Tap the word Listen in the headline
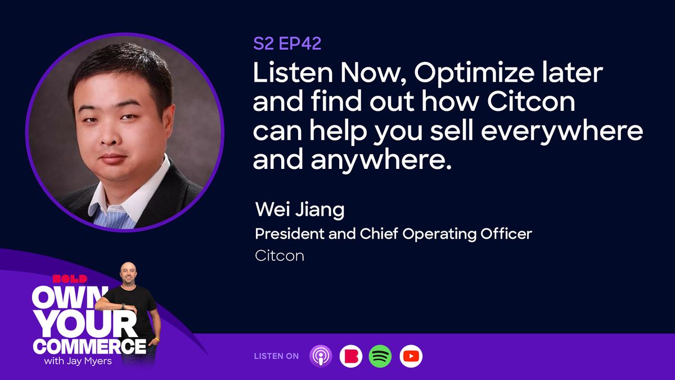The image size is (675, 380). [289, 74]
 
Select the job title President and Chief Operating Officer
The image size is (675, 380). [393, 234]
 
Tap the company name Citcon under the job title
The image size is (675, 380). [280, 256]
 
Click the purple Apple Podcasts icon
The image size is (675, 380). [321, 356]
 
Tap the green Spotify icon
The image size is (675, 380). [380, 356]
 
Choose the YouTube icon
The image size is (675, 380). [411, 356]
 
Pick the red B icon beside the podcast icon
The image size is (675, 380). [350, 356]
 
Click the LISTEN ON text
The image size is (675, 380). [276, 356]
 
